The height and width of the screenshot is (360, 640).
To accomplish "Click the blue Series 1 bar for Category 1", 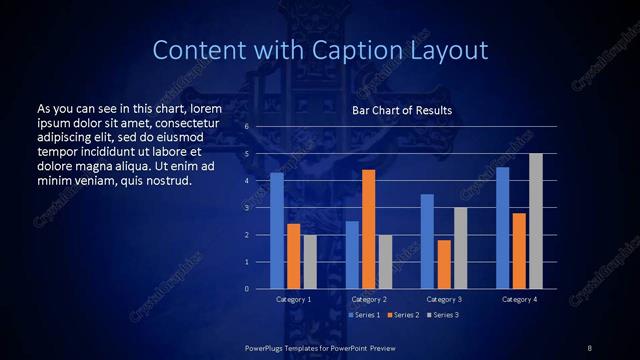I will tap(277, 231).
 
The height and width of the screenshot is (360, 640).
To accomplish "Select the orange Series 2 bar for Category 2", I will tap(368, 229).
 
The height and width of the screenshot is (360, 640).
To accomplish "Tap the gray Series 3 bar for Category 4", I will tap(535, 221).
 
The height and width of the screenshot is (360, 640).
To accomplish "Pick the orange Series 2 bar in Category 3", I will tap(444, 264).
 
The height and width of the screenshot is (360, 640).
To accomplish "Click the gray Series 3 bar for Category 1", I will tap(310, 262).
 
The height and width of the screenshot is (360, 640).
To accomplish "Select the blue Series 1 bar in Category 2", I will tap(352, 255).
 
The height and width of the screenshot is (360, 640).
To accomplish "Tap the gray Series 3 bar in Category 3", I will tap(460, 248).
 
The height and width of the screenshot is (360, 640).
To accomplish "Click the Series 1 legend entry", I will tap(363, 315).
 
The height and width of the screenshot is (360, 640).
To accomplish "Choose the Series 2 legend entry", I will tap(401, 315).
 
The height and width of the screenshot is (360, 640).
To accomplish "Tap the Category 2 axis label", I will tap(368, 299).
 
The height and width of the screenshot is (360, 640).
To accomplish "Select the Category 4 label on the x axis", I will tap(518, 299).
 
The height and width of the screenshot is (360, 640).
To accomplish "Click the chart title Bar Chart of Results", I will tap(402, 110).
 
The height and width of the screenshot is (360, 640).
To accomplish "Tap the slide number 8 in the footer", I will tap(589, 346).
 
